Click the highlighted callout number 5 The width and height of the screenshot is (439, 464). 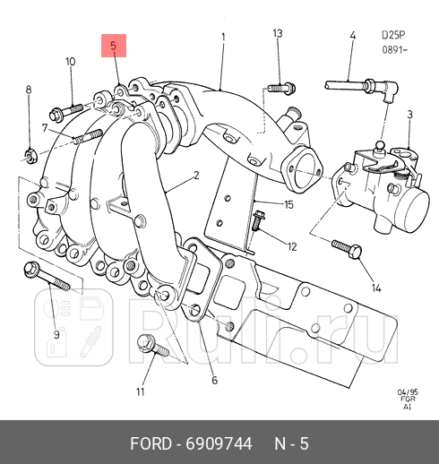point(113,46)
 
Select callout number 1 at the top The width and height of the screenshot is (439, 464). point(223,37)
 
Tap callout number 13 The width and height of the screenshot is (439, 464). point(277,34)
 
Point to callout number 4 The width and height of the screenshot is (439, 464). point(352,36)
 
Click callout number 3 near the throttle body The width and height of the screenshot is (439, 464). point(409,115)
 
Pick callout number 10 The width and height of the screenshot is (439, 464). point(70,62)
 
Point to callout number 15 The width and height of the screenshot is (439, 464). point(288,205)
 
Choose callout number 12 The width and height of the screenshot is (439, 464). point(292,245)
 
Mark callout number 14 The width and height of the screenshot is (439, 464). point(376,288)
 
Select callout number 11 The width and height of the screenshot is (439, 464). point(139,392)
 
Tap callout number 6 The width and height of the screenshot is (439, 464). point(214,381)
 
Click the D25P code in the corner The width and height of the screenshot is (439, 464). point(392,35)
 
